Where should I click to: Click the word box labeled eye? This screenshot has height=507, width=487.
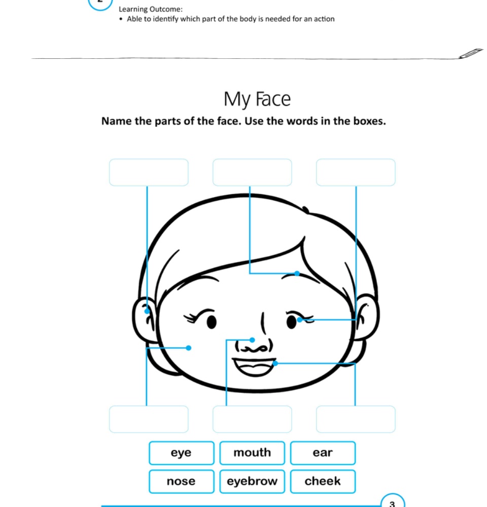tap(181, 453)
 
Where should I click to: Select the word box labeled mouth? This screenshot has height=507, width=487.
tap(252, 453)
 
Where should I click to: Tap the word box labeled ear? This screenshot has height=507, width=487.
tap(323, 453)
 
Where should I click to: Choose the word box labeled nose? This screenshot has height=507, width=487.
tap(181, 481)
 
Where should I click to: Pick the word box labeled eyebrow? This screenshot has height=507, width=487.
tap(252, 481)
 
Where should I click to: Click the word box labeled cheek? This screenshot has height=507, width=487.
tap(323, 481)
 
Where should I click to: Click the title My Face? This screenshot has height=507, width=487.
tap(257, 99)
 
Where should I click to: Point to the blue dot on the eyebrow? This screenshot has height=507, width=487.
tap(297, 274)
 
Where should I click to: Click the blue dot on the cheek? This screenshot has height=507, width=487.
tap(189, 348)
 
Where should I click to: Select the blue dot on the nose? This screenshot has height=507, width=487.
tap(252, 340)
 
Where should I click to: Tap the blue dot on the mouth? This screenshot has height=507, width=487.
tap(275, 363)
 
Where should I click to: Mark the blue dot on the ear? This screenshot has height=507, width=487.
tap(147, 311)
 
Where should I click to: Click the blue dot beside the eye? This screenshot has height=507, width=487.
tap(300, 320)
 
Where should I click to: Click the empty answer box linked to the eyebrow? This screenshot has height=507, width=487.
tap(252, 172)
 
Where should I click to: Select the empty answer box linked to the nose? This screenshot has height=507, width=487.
tap(252, 419)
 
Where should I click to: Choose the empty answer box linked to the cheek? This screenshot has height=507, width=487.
tap(149, 419)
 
